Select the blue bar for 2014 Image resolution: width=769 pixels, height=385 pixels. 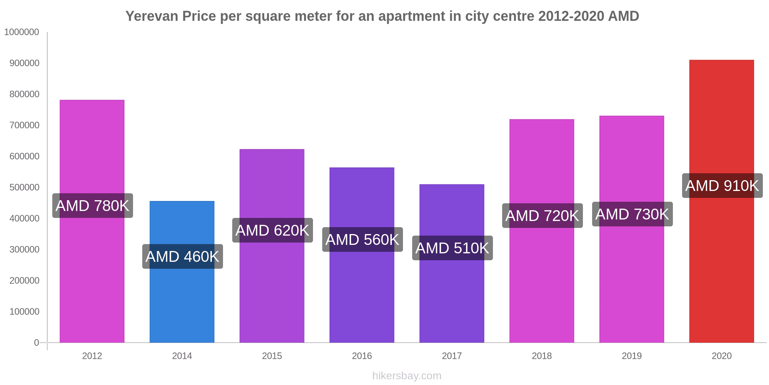pyautogui.click(x=182, y=300)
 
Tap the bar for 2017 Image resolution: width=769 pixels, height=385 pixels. pyautogui.click(x=452, y=300)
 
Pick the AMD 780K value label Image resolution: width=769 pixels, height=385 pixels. pyautogui.click(x=93, y=206)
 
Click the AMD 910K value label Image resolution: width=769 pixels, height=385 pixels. pyautogui.click(x=722, y=186)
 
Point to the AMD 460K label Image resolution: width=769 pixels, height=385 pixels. pyautogui.click(x=183, y=256)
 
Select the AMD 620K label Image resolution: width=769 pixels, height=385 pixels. pyautogui.click(x=272, y=230)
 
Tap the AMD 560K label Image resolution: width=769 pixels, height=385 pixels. pyautogui.click(x=362, y=239)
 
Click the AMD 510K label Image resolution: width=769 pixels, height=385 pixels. pyautogui.click(x=452, y=248)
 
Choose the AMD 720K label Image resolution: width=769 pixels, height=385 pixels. pyautogui.click(x=542, y=216)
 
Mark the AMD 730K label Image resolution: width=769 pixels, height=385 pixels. pyautogui.click(x=632, y=214)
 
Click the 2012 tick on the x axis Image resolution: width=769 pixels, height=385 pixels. pyautogui.click(x=92, y=356)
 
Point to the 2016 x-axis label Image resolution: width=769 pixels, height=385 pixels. pyautogui.click(x=362, y=356)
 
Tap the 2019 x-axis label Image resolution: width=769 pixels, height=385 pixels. pyautogui.click(x=632, y=356)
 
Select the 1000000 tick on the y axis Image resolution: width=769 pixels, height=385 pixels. pyautogui.click(x=22, y=32)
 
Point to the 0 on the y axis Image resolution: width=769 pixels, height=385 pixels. pyautogui.click(x=37, y=343)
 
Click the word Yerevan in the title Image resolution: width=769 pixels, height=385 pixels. pyautogui.click(x=152, y=16)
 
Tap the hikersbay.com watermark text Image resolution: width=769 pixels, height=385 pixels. pyautogui.click(x=407, y=376)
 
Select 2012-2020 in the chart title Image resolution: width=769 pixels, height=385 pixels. pyautogui.click(x=571, y=16)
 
